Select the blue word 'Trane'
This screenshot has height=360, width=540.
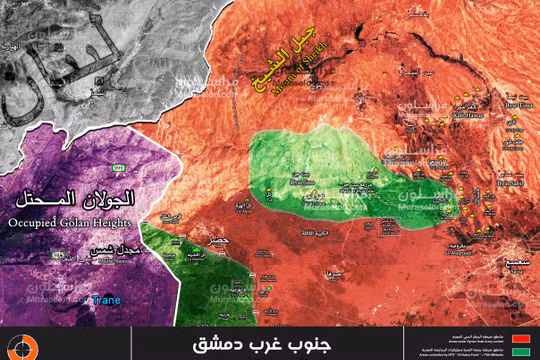103,300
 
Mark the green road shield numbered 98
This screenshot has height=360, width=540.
57,258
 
